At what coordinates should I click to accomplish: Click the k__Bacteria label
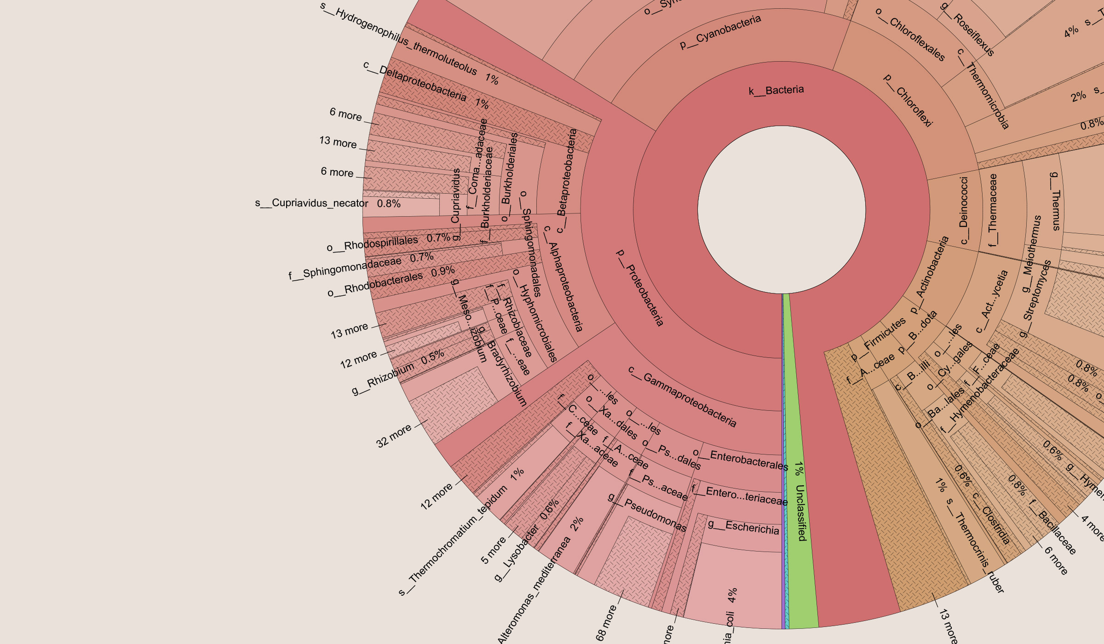(776, 90)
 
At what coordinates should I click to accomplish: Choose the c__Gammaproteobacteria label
(682, 397)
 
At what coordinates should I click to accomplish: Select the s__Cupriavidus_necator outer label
(312, 203)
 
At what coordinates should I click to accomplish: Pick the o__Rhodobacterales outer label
(375, 283)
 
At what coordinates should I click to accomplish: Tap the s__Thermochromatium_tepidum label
(453, 541)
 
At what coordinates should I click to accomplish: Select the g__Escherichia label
(743, 527)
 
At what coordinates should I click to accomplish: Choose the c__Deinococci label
(963, 211)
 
